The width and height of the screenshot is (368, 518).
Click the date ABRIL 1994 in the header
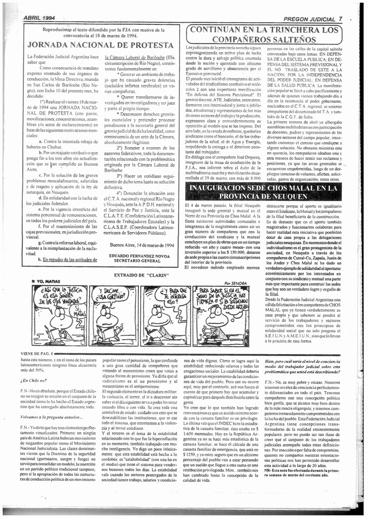click(x=39, y=18)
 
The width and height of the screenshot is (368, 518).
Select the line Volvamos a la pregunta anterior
click(x=52, y=417)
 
